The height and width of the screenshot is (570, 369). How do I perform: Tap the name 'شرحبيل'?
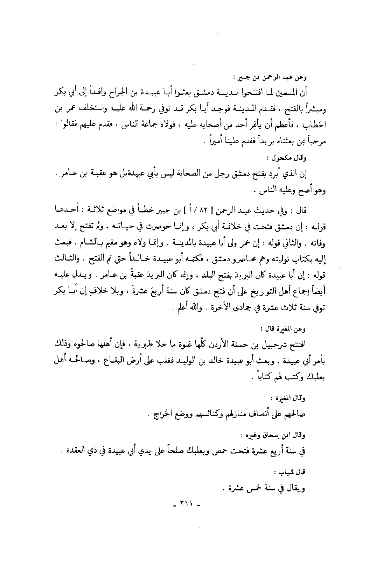288,343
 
